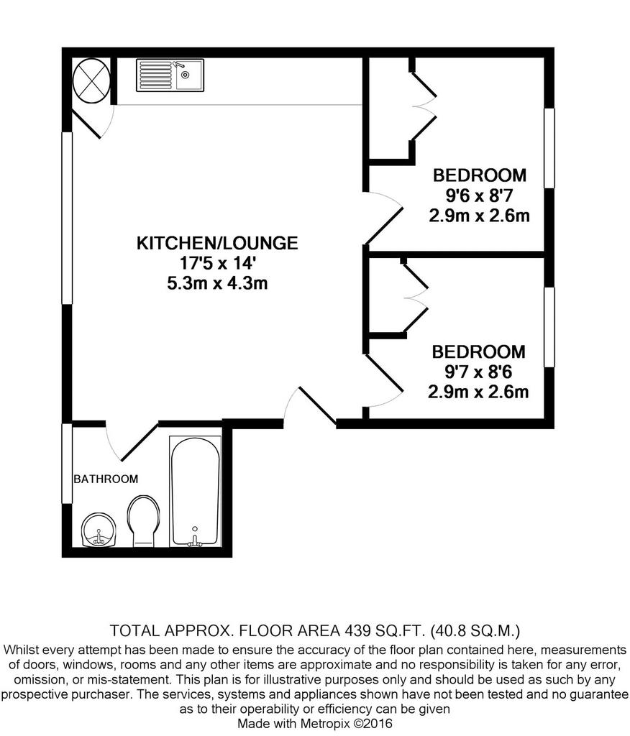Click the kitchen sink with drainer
pos(170,75)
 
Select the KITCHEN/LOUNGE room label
pos(217,243)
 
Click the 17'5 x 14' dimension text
pos(217,263)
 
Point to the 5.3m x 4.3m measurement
pos(217,283)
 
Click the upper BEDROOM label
pos(480,175)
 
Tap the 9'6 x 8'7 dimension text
pos(479,195)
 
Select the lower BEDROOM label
pos(479,351)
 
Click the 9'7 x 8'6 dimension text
pos(478,372)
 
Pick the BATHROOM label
pos(106,479)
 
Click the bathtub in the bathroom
pos(195,491)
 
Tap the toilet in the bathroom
pos(143,521)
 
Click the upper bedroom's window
pos(549,148)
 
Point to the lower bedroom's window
pos(549,327)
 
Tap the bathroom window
pos(67,464)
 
